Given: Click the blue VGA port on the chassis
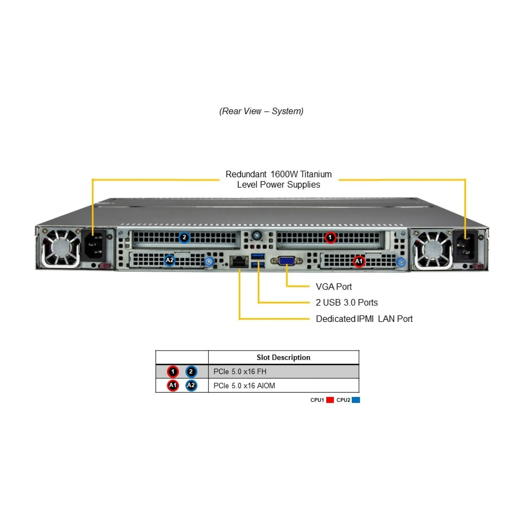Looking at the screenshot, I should (x=286, y=261).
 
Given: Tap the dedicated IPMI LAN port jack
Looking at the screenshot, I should (x=239, y=262).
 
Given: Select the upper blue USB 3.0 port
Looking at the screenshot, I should (x=258, y=256).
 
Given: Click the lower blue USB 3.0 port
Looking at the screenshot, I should (x=258, y=265).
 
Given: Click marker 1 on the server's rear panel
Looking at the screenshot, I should (x=330, y=237).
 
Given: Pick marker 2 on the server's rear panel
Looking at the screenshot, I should (x=184, y=237).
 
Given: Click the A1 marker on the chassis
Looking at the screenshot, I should (x=359, y=261).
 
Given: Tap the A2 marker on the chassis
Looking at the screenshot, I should (x=170, y=260).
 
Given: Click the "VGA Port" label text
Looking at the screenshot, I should (x=334, y=287).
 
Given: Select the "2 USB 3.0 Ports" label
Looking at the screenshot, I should (x=347, y=302).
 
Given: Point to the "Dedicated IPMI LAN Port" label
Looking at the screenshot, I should (x=364, y=319).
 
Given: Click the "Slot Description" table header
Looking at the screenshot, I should (x=283, y=357).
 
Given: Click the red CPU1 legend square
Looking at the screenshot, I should (x=330, y=400).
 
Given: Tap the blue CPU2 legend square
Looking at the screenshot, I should (x=356, y=400).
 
